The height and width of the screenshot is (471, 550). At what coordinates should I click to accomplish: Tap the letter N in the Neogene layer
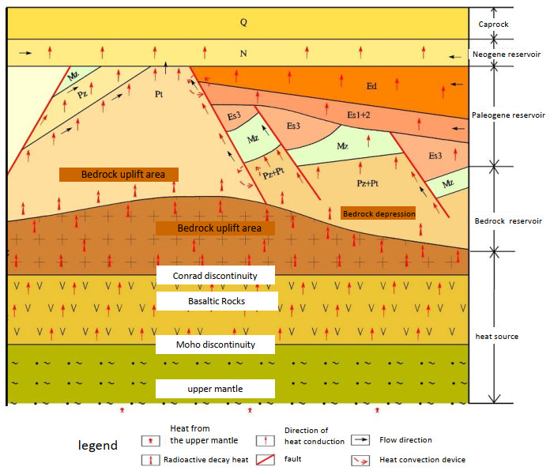(244, 54)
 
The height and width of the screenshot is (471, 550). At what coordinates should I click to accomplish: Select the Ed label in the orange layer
(372, 85)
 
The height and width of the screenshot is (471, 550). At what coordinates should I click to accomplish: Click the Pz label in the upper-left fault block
(82, 93)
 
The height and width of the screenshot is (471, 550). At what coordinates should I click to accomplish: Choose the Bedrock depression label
(378, 213)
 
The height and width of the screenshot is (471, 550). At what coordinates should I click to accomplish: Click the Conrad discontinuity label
(215, 275)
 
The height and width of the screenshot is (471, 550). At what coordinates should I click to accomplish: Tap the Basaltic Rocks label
(217, 301)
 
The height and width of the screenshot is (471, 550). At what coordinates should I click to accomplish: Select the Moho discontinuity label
(215, 345)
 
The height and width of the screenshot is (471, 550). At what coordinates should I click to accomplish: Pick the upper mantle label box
(215, 389)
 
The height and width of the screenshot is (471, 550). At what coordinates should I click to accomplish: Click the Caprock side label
(493, 24)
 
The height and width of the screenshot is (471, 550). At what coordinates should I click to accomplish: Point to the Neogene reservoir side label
(506, 55)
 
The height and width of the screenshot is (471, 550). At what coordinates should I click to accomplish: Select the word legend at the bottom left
(98, 446)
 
